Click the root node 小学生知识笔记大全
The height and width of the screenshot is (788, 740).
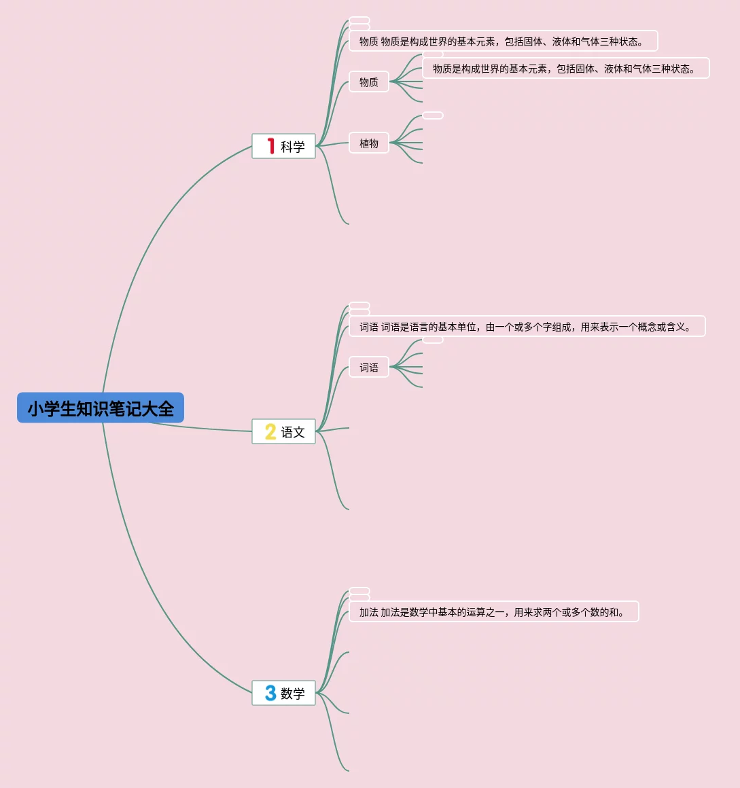click(101, 408)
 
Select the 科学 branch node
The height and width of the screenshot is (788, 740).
click(283, 146)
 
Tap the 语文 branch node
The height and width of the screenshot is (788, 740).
click(283, 431)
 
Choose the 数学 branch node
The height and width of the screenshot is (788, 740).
click(283, 693)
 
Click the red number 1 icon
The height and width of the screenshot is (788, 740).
click(270, 146)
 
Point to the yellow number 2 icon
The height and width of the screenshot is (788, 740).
click(270, 431)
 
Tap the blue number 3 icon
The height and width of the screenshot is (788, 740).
click(270, 693)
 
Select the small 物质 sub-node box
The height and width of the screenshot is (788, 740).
click(369, 82)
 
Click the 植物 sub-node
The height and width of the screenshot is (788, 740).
click(369, 143)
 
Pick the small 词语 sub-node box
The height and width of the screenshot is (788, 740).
click(369, 368)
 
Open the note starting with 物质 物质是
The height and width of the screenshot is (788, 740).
click(503, 41)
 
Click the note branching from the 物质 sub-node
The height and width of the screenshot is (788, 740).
click(565, 69)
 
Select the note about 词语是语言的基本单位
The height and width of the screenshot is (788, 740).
click(527, 327)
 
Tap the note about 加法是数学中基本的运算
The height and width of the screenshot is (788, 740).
click(493, 612)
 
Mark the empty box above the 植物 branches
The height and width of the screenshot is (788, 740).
click(433, 115)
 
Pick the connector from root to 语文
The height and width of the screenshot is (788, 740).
click(204, 428)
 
